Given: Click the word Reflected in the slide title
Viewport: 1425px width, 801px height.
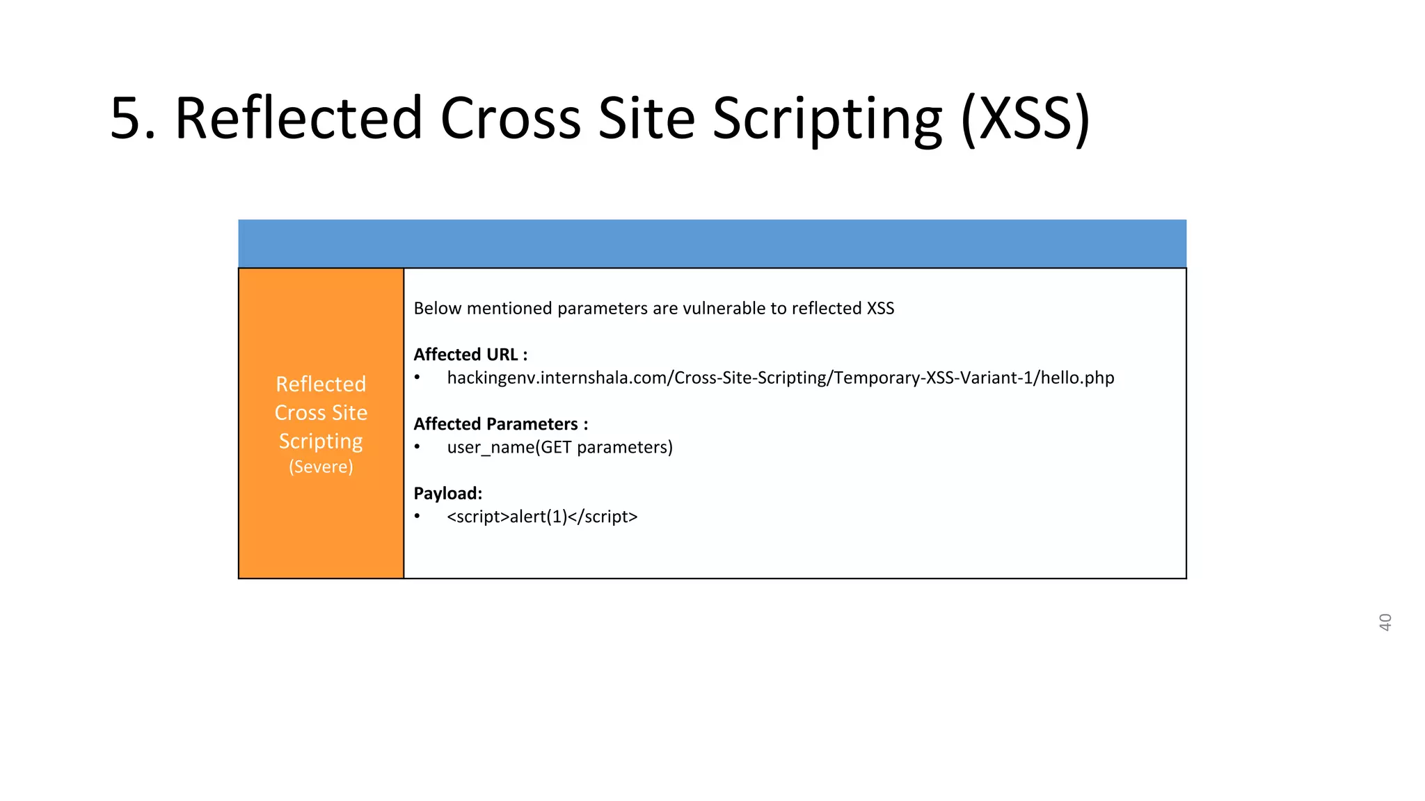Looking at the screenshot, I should click(298, 119).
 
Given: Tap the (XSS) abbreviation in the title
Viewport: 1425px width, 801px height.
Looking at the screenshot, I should click(1025, 119).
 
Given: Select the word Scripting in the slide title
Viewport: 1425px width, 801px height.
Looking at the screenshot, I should click(827, 119).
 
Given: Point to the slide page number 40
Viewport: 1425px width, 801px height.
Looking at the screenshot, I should click(1385, 622).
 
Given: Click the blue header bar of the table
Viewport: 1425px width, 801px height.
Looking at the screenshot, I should click(712, 243).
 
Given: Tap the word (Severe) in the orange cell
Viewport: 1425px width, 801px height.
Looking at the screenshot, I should click(321, 467).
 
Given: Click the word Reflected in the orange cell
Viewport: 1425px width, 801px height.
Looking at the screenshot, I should click(321, 384).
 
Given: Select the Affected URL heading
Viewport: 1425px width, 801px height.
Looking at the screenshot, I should click(470, 355).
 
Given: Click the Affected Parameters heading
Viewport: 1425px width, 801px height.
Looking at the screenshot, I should click(501, 424).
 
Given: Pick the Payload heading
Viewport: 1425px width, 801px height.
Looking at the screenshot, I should click(448, 494).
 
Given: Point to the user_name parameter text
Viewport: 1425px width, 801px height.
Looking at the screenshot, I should click(491, 447).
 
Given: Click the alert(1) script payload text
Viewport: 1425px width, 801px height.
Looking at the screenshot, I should click(542, 517).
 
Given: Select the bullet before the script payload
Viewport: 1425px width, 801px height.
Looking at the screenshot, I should click(417, 517).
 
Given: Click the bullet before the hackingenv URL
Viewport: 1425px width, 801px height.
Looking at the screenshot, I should click(417, 378).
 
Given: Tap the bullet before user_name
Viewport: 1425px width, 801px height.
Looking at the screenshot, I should click(417, 447).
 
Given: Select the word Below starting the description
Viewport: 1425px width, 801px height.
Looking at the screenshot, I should click(438, 308).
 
